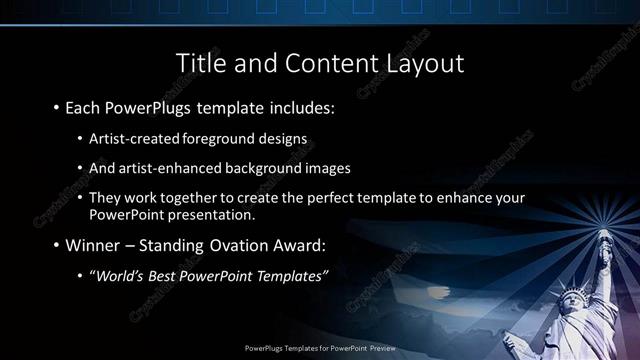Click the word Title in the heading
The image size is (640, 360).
[201, 63]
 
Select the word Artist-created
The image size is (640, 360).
[132, 138]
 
